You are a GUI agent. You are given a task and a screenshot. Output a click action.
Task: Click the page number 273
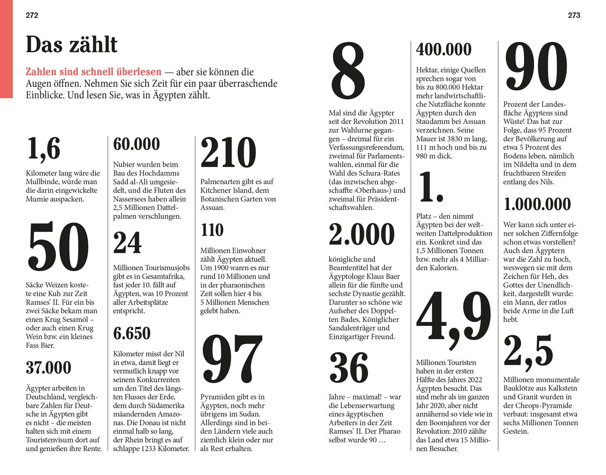pos(574,15)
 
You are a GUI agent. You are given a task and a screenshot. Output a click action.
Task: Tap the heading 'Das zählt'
pos(72,45)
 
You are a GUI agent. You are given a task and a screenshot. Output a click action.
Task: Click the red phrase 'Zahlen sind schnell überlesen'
pos(93,72)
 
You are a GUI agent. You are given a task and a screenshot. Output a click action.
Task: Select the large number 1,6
pos(44,148)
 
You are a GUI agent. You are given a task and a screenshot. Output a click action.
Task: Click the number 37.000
pos(48,368)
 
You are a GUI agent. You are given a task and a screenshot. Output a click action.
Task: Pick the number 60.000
pos(137,144)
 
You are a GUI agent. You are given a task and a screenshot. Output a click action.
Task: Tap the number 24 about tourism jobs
pos(127,243)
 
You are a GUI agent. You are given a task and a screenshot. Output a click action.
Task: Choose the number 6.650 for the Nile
pos(132,334)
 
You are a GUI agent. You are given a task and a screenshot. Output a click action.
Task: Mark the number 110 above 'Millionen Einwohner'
pos(212,230)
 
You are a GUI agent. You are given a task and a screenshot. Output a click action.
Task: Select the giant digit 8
pos(348,72)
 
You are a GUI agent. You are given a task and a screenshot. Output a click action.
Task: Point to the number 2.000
pos(362,234)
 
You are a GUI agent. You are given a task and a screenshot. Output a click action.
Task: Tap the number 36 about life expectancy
pos(349,368)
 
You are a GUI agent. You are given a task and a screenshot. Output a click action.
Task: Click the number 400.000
pos(444,50)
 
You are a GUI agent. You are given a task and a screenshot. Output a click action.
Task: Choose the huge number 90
pos(537,67)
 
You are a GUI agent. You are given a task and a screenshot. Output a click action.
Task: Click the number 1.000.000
pos(537,204)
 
